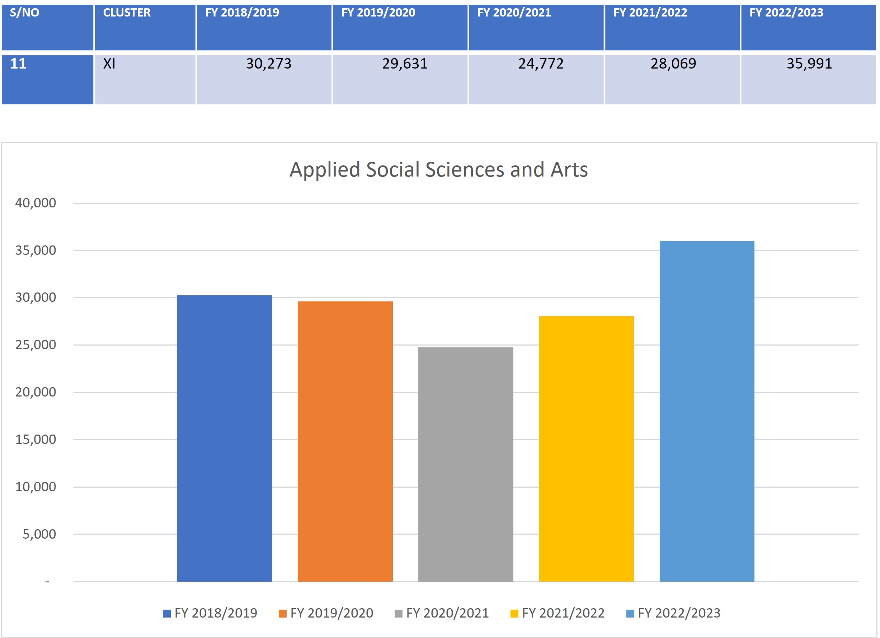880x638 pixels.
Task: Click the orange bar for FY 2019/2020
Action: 345,441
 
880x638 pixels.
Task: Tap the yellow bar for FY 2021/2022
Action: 586,449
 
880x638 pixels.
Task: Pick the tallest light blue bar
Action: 707,411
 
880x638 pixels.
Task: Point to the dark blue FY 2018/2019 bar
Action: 225,438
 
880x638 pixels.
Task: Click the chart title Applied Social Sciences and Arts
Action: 438,170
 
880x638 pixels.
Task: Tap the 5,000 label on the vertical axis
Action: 39,534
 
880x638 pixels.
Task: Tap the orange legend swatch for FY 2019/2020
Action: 282,613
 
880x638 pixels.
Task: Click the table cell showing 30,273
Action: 268,64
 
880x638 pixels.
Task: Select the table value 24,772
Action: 541,64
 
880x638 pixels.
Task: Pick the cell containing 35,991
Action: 809,64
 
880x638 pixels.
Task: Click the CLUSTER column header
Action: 127,13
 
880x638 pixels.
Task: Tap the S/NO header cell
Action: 24,13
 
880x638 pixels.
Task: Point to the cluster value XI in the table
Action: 109,64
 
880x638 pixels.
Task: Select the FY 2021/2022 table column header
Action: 650,13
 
